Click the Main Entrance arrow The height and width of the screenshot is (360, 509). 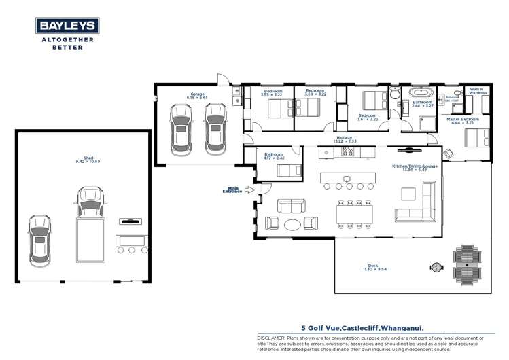(247, 191)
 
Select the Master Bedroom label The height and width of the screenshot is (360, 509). (462, 121)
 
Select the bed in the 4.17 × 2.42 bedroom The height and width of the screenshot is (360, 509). (284, 170)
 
